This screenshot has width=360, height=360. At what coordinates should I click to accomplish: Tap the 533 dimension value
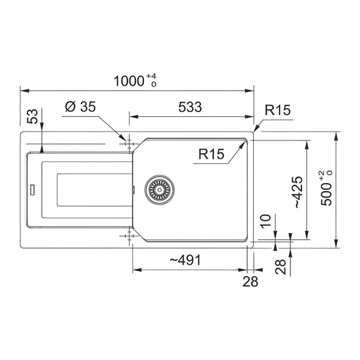coord(190,107)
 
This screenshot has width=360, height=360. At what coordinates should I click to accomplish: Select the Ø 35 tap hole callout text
coord(80,107)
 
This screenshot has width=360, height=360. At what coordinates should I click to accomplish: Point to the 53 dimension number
coord(32,116)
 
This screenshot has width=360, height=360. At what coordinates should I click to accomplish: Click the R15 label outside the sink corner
coord(277,110)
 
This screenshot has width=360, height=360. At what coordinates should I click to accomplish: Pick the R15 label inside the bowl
coord(211,154)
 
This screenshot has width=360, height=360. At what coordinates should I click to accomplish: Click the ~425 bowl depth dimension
coord(298,192)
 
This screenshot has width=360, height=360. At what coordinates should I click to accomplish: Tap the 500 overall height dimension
coord(326,188)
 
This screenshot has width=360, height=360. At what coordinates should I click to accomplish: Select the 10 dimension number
coord(266,221)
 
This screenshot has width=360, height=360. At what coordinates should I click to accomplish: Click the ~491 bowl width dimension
coord(185,260)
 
